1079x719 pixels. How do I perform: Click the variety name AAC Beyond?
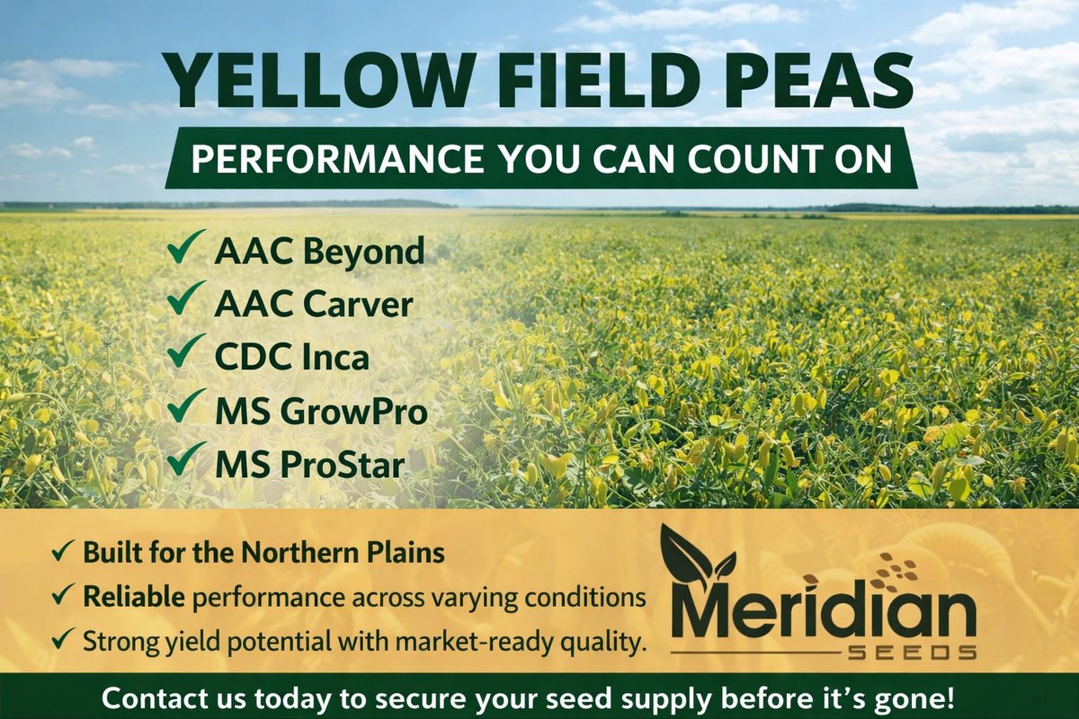(318, 252)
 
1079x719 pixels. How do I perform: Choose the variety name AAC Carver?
(314, 305)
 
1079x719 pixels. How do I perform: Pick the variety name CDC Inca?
(291, 357)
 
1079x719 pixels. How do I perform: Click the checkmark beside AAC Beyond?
(186, 247)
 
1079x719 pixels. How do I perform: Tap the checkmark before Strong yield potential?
(63, 640)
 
